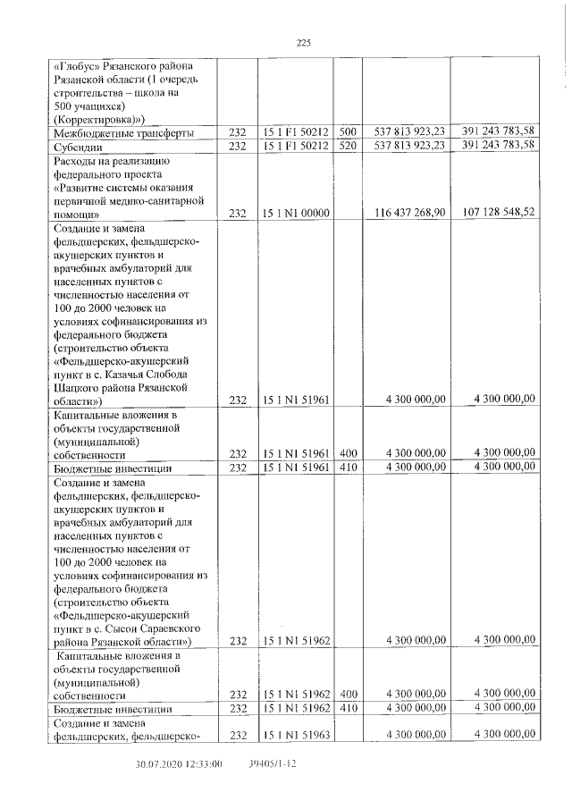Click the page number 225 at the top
point(302,41)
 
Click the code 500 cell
point(348,133)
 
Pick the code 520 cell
point(348,146)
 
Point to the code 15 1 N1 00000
point(298,214)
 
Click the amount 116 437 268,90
point(408,214)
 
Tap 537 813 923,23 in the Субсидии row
point(408,146)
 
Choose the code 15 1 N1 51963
point(298,735)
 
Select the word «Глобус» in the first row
point(78,67)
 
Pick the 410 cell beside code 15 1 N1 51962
point(348,709)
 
